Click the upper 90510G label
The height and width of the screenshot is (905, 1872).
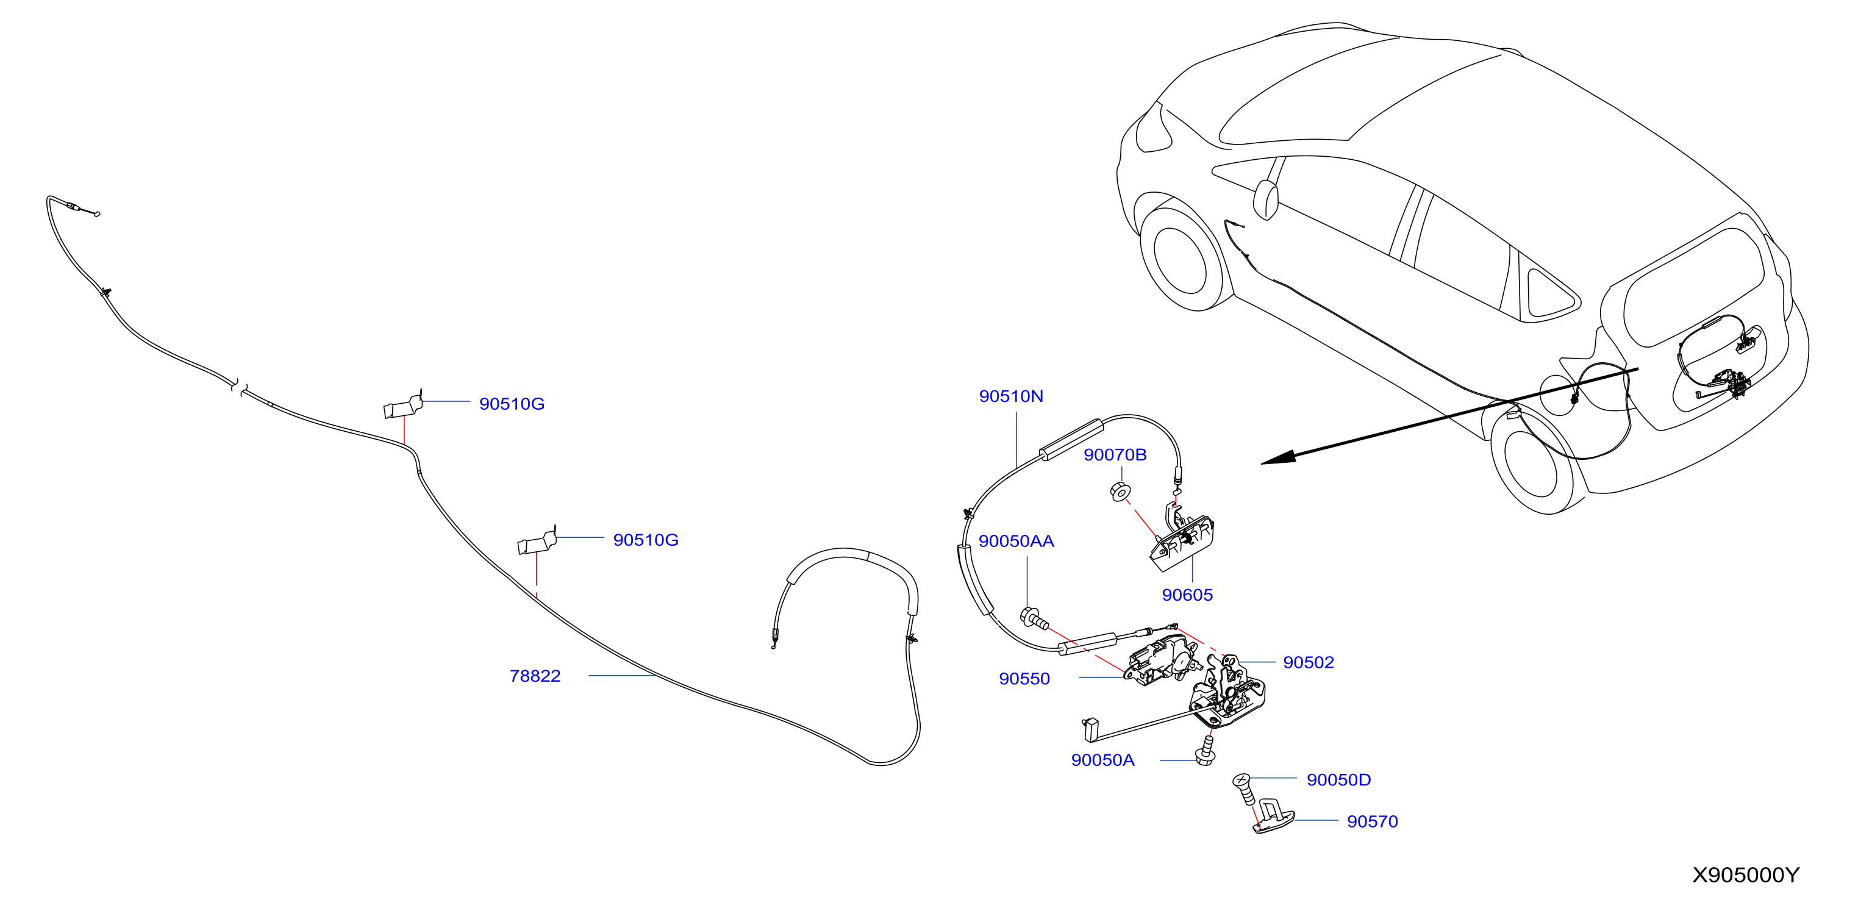tap(512, 404)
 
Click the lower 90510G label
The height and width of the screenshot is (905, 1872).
tap(645, 540)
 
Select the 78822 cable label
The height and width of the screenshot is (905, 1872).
tap(535, 676)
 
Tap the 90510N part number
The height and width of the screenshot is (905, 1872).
tap(1011, 396)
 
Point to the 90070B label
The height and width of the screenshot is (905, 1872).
tap(1115, 455)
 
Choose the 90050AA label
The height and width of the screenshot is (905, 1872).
tap(1016, 542)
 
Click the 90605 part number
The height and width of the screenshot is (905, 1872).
tap(1187, 595)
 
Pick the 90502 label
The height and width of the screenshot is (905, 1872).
tap(1308, 662)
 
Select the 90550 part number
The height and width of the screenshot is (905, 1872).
tap(1024, 679)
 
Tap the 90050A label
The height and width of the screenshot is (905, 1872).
tap(1102, 760)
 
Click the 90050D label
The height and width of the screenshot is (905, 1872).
tap(1338, 780)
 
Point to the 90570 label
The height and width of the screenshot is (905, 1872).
tap(1372, 821)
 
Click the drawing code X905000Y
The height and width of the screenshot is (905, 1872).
tap(1746, 875)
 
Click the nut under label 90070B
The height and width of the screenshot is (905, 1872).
tap(1120, 492)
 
